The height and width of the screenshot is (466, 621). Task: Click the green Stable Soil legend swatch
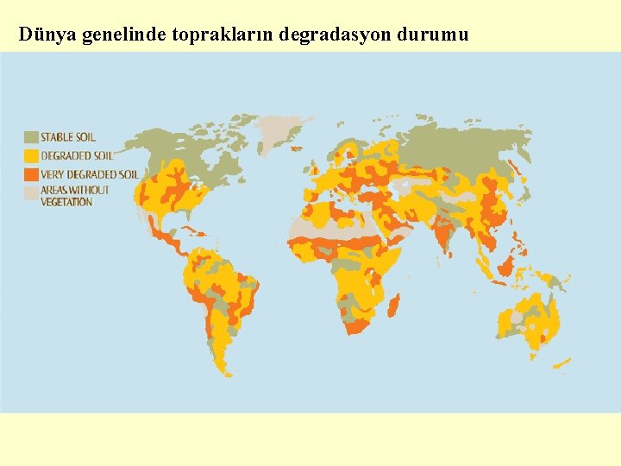point(31,137)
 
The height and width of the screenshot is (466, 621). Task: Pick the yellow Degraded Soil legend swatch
point(31,156)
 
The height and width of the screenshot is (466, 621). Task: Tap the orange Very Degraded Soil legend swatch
point(31,174)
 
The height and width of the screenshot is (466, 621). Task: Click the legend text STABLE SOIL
point(68,137)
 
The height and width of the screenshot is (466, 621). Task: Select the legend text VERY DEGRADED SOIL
point(90,174)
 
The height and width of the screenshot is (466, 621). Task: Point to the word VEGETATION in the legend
point(66,202)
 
